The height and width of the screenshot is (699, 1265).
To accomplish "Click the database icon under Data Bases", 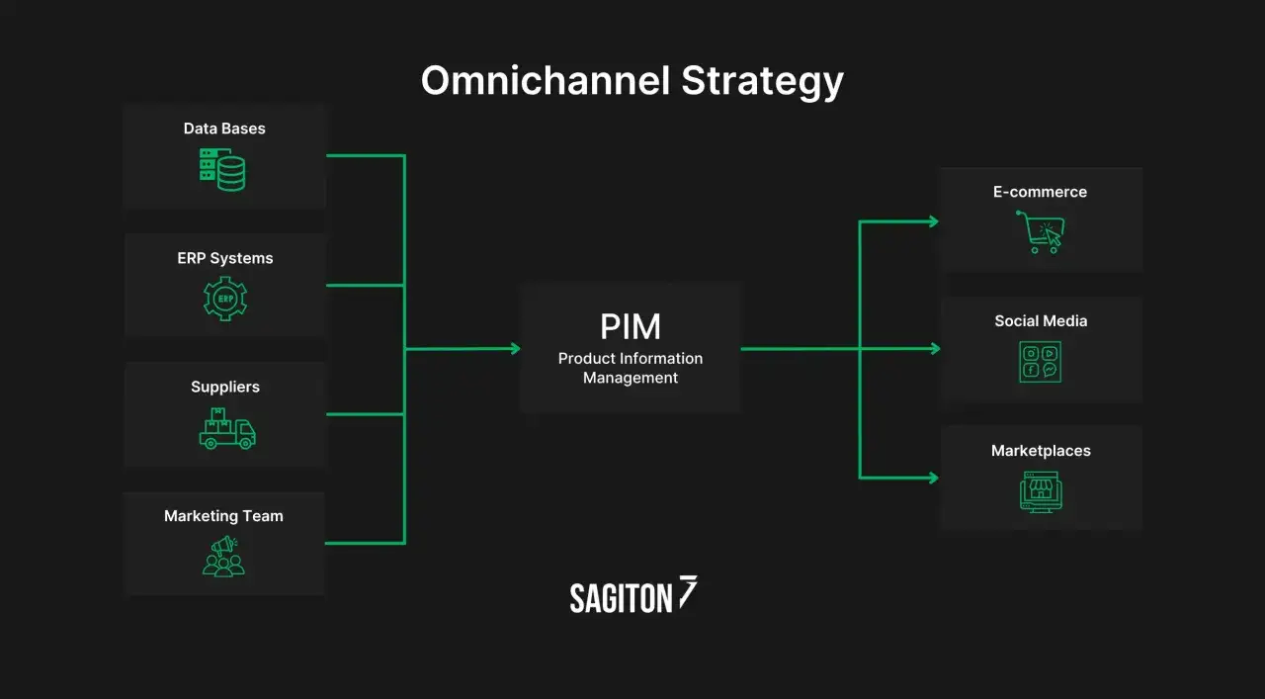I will [x=222, y=169].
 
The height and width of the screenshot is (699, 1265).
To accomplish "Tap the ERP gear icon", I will [x=224, y=299].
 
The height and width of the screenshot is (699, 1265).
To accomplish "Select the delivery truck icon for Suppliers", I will [x=226, y=428].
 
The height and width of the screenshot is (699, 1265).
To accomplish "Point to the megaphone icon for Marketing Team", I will [x=223, y=557].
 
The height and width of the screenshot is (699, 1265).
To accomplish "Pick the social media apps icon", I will [x=1040, y=362].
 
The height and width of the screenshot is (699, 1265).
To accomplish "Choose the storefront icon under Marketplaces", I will [x=1040, y=490].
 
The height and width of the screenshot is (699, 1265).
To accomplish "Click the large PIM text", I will [x=631, y=327].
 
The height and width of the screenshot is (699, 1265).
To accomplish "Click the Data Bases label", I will [x=224, y=129].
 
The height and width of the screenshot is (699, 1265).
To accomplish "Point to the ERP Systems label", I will [x=225, y=258].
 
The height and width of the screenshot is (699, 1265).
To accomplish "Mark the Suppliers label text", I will [x=225, y=387].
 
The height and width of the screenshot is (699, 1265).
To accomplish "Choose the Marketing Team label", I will [x=223, y=516].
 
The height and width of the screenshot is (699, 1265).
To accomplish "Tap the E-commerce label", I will [x=1040, y=192].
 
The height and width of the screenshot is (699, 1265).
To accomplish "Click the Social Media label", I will [x=1041, y=321].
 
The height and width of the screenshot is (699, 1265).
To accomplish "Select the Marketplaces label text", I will [x=1041, y=451].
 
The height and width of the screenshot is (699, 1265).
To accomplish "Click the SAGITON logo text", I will [x=621, y=597].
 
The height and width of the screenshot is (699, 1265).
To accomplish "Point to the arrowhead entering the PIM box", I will [x=514, y=348].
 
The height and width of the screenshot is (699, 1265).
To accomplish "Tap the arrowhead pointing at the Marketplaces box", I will [x=932, y=478].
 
